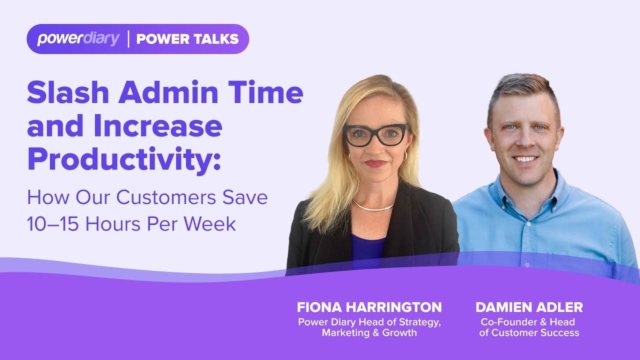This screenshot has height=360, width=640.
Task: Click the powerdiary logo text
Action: (x=78, y=39)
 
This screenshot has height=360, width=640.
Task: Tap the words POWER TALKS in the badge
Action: (x=187, y=39)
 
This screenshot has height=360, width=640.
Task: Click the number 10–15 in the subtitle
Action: (x=53, y=224)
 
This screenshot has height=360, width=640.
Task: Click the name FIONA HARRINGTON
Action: (x=369, y=307)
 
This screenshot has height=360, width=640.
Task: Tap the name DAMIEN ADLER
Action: (x=529, y=307)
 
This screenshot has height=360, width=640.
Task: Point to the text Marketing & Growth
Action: (x=369, y=332)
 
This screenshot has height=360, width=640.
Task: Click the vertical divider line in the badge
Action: (x=128, y=39)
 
